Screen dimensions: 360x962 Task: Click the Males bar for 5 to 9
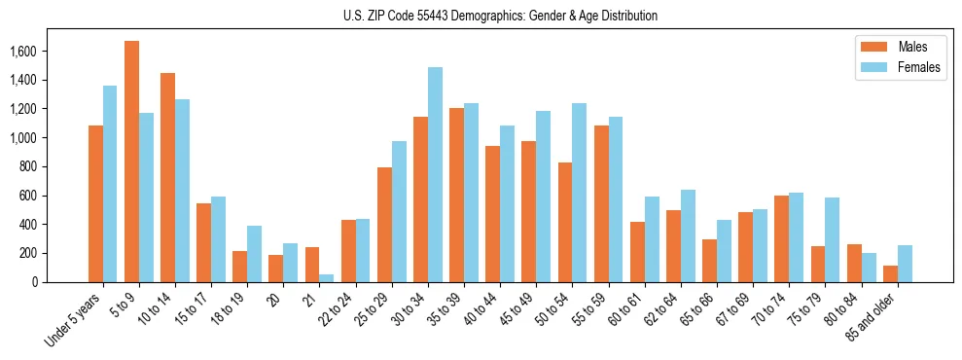tap(131, 162)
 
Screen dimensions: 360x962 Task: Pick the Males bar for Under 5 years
tap(95, 203)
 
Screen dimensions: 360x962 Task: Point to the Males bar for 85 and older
tap(890, 273)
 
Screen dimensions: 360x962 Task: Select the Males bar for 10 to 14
tap(167, 177)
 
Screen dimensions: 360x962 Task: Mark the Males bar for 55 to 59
tap(601, 203)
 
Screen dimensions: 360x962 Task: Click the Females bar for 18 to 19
tap(254, 254)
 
